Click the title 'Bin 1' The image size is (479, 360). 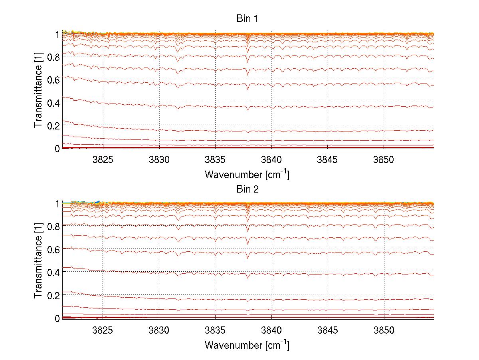point(247,19)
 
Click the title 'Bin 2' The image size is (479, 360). point(247,189)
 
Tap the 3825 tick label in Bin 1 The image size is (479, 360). point(103,159)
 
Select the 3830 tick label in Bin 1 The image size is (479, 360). point(159,159)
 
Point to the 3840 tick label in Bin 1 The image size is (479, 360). point(272,159)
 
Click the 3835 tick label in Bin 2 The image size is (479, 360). point(216,329)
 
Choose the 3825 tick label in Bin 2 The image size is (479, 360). point(103,329)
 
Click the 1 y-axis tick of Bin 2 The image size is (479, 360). point(57,204)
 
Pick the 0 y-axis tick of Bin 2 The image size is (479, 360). point(57,318)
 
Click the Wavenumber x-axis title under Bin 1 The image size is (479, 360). point(247,174)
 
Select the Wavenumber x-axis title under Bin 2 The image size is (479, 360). point(247,344)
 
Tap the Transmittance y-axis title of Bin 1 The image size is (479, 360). point(38,91)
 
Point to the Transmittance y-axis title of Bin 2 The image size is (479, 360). point(38,261)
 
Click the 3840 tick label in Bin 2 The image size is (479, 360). point(272,329)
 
